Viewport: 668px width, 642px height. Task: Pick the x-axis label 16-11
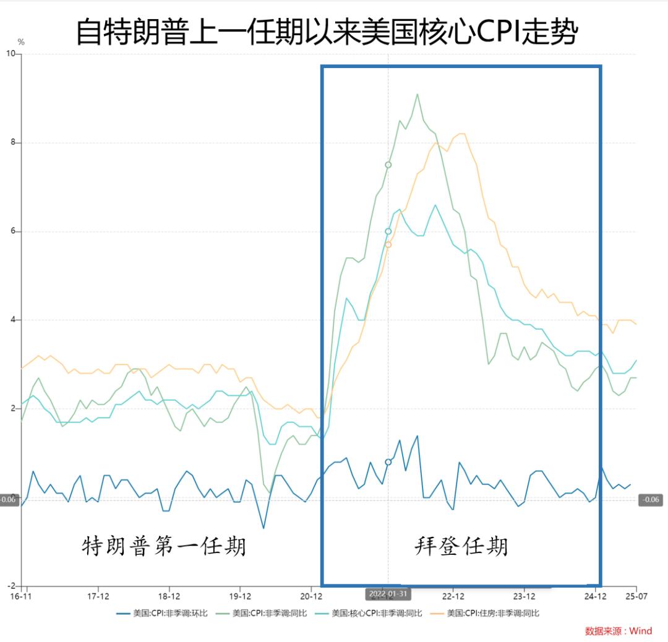click(x=21, y=597)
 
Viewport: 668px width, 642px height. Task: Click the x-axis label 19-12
click(x=240, y=597)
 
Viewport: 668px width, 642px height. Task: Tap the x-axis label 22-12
click(x=453, y=597)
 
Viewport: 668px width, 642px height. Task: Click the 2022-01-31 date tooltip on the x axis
click(x=388, y=594)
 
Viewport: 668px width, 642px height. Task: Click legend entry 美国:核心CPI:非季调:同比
click(x=369, y=614)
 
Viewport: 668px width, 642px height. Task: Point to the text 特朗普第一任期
click(x=164, y=547)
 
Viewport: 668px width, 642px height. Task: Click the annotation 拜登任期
click(x=461, y=547)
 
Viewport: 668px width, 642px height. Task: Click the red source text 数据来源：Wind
click(x=619, y=631)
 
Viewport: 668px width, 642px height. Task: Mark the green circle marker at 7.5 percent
click(x=388, y=165)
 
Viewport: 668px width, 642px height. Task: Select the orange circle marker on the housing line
click(x=388, y=244)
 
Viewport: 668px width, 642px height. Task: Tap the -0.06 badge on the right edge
click(x=651, y=500)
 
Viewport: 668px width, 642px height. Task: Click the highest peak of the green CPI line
click(x=417, y=95)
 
